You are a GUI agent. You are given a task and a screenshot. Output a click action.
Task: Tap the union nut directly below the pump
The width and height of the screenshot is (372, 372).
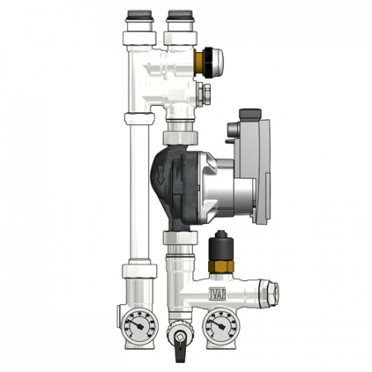(179, 239)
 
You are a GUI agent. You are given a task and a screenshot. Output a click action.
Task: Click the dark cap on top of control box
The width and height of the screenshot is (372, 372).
(250, 115)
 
